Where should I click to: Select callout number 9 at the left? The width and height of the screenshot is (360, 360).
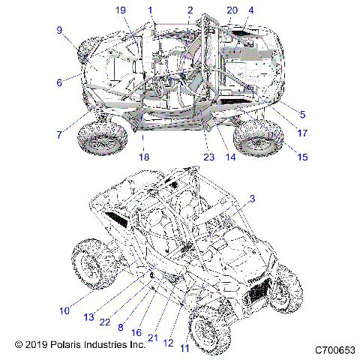coord(58,30)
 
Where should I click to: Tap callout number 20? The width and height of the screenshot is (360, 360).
coord(231,10)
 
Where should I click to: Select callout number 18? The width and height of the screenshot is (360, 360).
coord(143,157)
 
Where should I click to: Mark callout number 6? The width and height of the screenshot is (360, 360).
coord(58,82)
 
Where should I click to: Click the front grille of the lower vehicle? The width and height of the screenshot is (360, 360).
coord(259,286)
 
